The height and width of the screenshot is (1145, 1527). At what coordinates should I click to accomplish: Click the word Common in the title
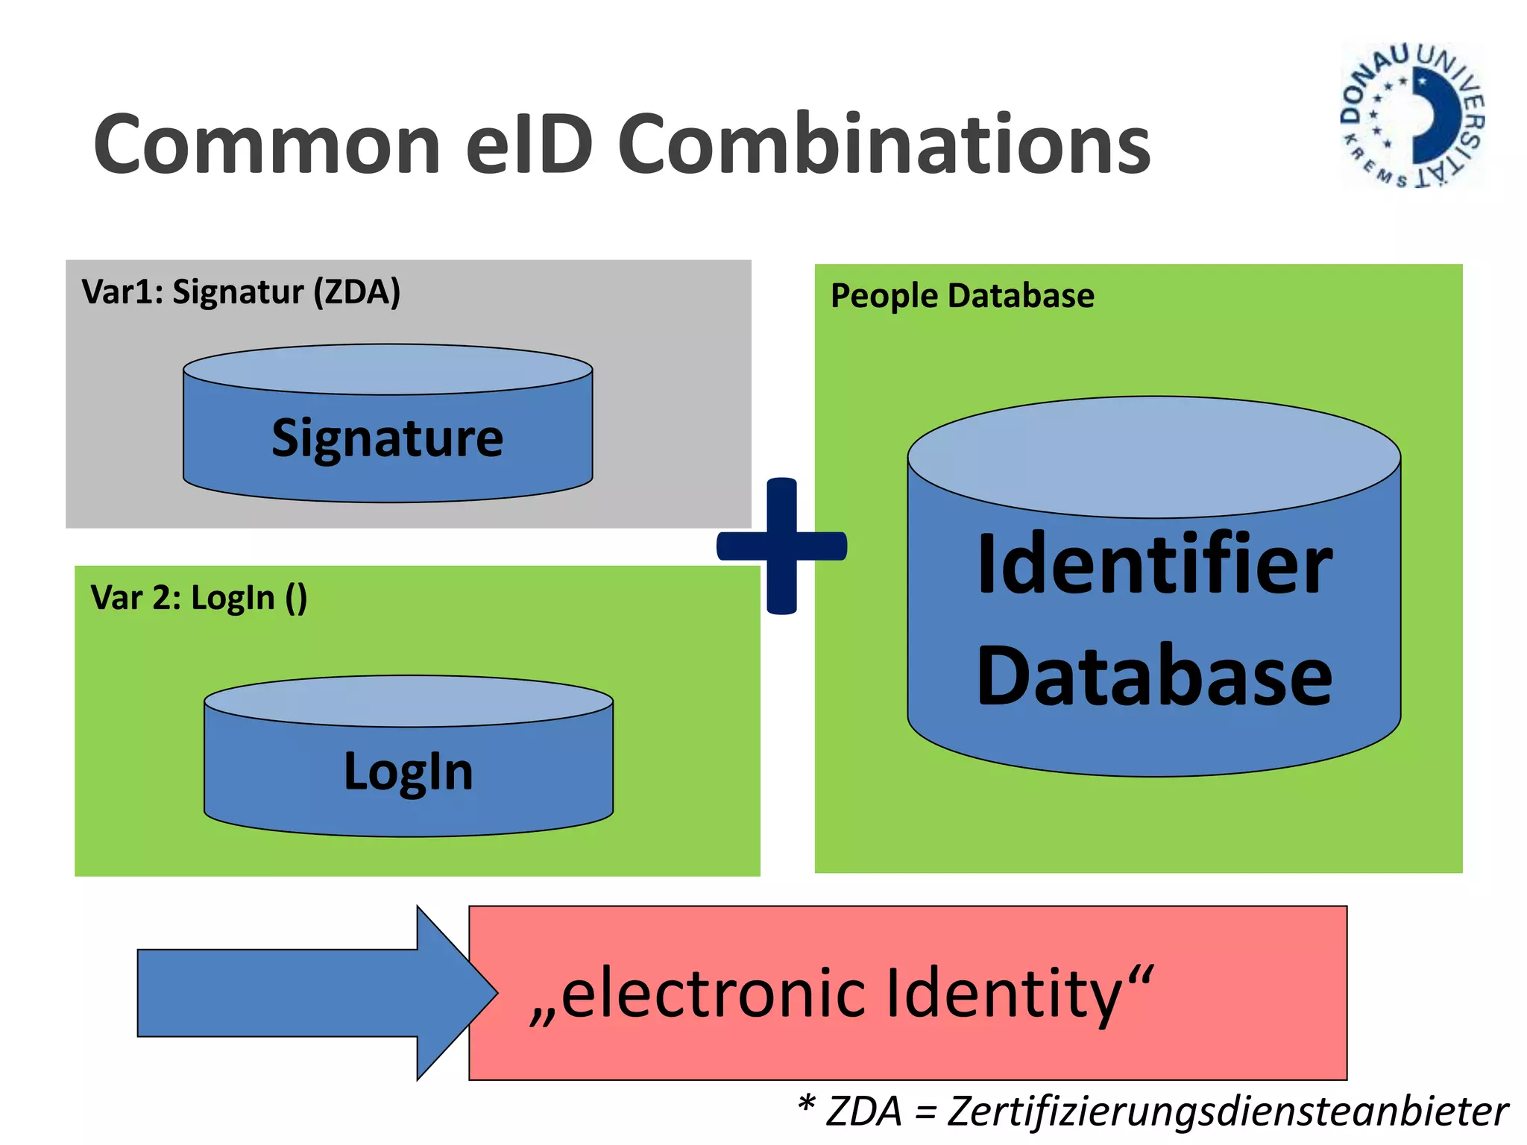(x=267, y=145)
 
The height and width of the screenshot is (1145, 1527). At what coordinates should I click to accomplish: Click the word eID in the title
(x=529, y=145)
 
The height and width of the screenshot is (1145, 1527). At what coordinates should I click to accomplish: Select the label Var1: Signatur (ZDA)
(x=241, y=292)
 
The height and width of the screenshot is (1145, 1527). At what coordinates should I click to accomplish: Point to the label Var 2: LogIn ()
(x=198, y=599)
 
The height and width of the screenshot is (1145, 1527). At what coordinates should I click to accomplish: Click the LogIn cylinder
(x=408, y=772)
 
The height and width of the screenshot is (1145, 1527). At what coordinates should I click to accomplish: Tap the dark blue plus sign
(x=781, y=546)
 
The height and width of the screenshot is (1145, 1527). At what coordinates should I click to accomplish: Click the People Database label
(x=962, y=297)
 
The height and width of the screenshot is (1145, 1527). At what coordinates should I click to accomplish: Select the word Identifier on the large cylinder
(x=1154, y=564)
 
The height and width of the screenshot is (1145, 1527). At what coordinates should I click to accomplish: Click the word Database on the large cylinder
(x=1154, y=676)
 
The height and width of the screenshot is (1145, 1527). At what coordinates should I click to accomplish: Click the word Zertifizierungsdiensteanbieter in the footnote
(x=1227, y=1111)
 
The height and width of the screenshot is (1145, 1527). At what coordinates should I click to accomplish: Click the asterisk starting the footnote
(x=806, y=1103)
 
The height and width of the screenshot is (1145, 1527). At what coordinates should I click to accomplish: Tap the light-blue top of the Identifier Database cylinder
(x=1153, y=456)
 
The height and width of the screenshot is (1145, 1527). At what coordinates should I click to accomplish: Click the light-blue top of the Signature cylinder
(x=387, y=369)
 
